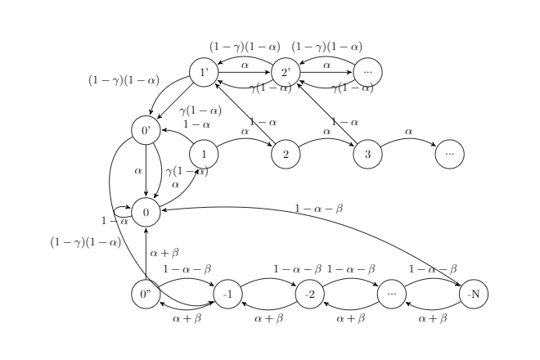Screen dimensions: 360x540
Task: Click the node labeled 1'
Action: point(204,73)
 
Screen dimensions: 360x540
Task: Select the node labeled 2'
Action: point(286,73)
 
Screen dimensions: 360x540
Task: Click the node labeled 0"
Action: point(146,294)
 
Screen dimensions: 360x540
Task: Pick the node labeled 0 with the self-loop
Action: point(146,212)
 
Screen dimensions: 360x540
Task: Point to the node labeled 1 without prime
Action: point(204,153)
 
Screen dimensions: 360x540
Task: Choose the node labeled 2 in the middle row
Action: point(286,153)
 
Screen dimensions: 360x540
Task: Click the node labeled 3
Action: point(367,153)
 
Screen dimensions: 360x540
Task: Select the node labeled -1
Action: point(227,294)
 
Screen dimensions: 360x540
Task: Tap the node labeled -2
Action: point(309,294)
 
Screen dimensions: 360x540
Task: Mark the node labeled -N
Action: point(473,294)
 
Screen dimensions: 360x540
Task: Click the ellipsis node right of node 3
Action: point(449,153)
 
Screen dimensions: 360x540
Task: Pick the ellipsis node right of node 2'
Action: point(367,73)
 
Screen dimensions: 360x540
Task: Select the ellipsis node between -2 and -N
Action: point(391,294)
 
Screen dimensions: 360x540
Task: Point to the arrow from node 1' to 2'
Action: point(245,73)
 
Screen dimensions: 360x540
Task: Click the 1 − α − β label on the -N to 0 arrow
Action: point(318,209)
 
